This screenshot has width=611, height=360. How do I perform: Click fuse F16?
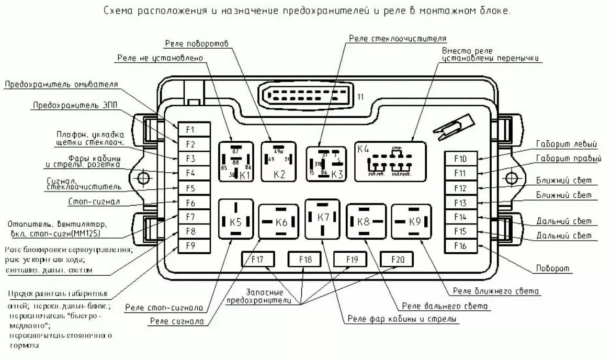[x=460, y=246]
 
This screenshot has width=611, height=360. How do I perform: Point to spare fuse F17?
[x=257, y=259]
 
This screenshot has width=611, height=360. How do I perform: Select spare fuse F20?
[x=396, y=259]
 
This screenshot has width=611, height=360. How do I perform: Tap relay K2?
[x=279, y=162]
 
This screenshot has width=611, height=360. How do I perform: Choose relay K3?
[x=326, y=164]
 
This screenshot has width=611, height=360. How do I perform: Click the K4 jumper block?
[x=390, y=162]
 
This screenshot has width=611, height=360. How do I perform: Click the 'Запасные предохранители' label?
[x=255, y=296]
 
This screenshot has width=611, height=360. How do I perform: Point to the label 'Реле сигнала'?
[x=177, y=321]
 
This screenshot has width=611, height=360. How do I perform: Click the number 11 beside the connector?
[x=360, y=97]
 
